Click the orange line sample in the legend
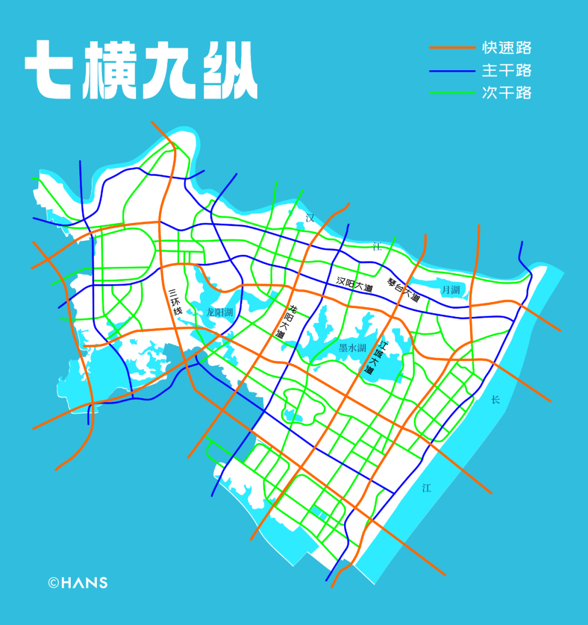coord(452,48)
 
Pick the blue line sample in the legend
coord(452,71)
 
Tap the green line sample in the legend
coord(452,93)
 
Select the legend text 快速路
coord(506,48)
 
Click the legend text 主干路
coord(506,71)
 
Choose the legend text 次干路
coord(506,93)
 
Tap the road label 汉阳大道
coord(354,284)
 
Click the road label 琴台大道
coord(403,290)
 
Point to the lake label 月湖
coord(451,290)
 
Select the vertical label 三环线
coord(175,302)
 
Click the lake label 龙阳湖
coord(219,312)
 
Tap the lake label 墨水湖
coord(352,348)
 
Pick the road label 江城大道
coord(375,357)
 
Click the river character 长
coord(495,400)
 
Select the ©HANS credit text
coord(78,583)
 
